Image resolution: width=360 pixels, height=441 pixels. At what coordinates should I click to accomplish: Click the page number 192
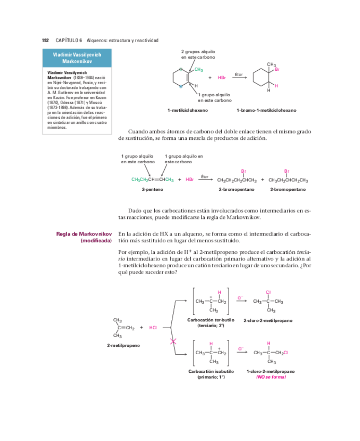(45, 40)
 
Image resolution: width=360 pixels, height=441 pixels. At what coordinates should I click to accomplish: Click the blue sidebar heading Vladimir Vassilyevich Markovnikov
(77, 58)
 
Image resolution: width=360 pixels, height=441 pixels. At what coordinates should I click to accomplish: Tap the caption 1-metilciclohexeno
(188, 110)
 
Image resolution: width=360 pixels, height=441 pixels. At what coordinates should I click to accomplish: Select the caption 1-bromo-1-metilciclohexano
(266, 110)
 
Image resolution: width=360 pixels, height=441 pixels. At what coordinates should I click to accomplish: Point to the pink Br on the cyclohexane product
(277, 69)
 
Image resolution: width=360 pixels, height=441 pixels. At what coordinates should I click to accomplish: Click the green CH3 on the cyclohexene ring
(198, 70)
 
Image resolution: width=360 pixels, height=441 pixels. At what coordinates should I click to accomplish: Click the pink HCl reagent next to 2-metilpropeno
(153, 328)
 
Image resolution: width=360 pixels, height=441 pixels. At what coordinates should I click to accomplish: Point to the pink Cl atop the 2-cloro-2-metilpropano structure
(268, 292)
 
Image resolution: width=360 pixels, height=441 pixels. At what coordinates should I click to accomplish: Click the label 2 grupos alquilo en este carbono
(198, 55)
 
